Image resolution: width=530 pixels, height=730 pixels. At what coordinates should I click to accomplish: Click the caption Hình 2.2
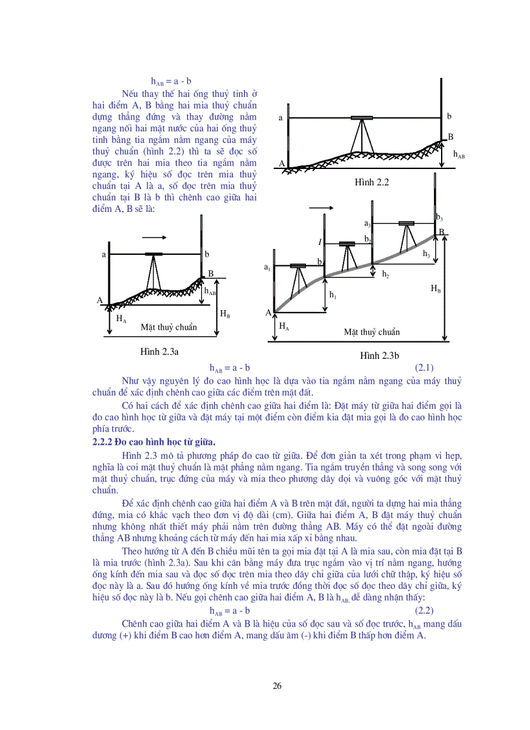(371, 183)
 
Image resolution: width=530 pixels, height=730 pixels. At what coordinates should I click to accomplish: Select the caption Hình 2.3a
(159, 352)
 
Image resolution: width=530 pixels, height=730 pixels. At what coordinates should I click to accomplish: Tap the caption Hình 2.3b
(379, 356)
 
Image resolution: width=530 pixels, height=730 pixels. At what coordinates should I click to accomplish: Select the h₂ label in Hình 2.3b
(385, 274)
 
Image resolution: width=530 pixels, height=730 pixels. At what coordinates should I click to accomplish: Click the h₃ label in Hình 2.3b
(426, 254)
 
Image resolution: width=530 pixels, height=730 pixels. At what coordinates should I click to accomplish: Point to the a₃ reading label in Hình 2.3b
(368, 224)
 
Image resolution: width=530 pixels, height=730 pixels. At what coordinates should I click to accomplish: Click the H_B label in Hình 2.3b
(436, 289)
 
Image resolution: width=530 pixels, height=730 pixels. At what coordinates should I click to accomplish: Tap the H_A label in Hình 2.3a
(121, 319)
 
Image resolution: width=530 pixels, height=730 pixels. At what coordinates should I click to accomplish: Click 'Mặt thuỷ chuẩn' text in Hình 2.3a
(168, 327)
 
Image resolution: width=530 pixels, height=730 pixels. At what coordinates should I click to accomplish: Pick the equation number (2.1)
(424, 367)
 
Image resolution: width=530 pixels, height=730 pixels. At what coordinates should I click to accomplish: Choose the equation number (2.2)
(424, 610)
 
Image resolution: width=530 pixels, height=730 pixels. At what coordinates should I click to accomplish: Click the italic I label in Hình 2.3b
(320, 242)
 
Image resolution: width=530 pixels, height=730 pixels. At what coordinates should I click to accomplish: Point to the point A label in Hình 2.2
(283, 164)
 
